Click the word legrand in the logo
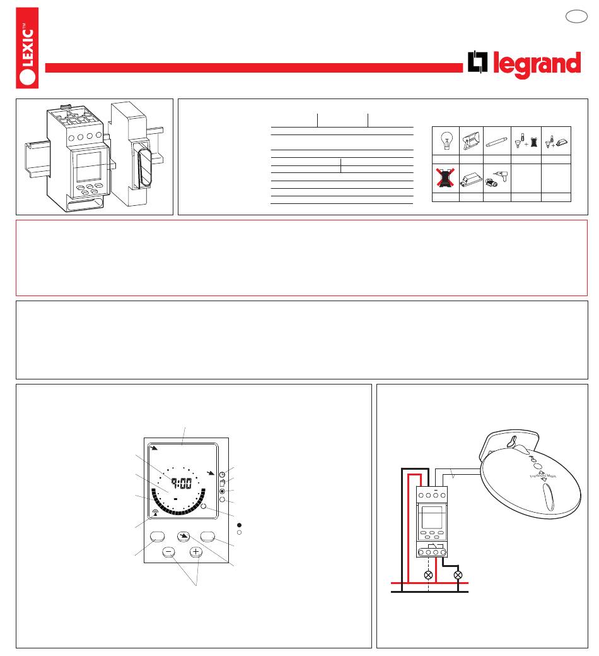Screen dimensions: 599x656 (537, 64)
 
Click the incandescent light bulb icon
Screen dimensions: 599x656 (446, 140)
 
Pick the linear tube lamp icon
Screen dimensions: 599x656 (497, 141)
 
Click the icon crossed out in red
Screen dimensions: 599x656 (445, 178)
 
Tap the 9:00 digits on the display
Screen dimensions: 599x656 (182, 484)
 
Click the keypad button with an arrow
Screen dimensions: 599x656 (183, 536)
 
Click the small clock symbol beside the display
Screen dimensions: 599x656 (222, 474)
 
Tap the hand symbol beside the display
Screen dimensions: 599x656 (222, 483)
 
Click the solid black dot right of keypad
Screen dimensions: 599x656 (240, 525)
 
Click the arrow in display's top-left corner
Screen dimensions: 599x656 (154, 448)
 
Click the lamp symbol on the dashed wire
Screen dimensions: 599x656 (428, 575)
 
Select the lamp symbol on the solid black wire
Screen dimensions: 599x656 (458, 575)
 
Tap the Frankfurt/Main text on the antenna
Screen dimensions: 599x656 (543, 475)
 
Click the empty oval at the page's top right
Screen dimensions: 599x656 (576, 16)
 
